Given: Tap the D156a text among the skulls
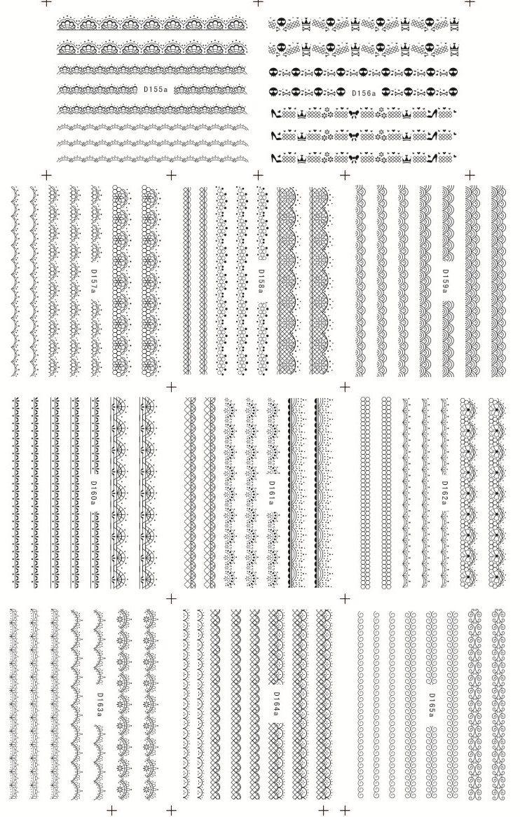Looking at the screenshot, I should [x=363, y=92].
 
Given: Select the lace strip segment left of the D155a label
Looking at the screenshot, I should [x=98, y=90].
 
